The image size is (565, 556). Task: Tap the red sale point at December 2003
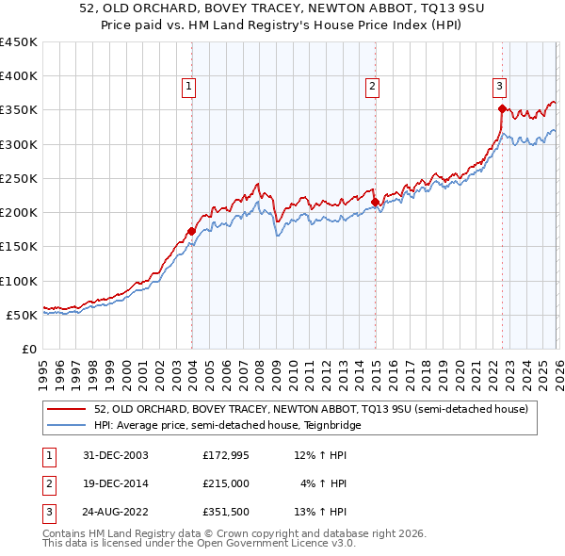coord(192,231)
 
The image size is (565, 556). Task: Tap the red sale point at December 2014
coord(375,202)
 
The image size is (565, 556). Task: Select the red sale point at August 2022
coord(502,109)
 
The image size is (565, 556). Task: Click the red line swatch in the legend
coord(67,409)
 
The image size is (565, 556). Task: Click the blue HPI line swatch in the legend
coord(67,426)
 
